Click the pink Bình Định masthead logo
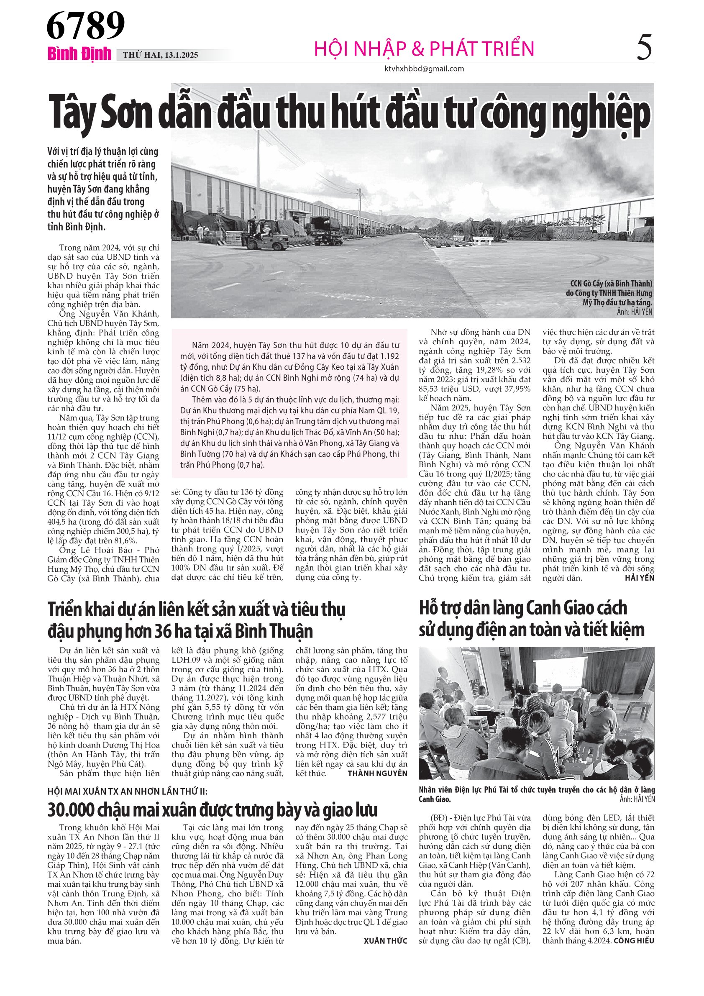79,54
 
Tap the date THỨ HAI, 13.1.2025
160,55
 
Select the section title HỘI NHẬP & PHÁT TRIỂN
424,49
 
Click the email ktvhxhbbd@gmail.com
424,69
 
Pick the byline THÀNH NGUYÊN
377,773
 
